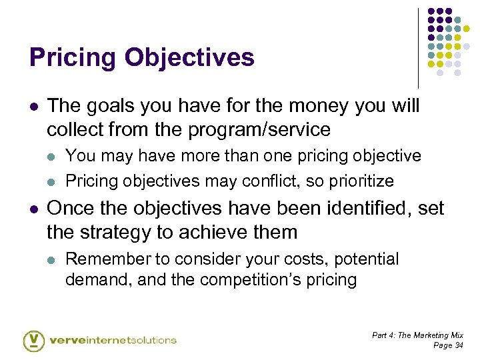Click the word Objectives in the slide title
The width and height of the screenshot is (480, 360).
pos(188,58)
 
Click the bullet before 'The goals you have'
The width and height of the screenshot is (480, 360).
pos(33,106)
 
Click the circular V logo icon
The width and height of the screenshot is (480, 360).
pos(33,339)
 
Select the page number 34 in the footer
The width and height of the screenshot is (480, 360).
pos(457,345)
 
